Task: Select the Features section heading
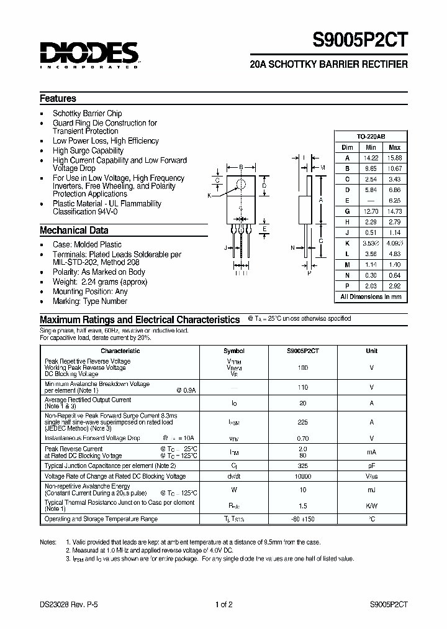point(58,98)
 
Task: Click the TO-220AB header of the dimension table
point(371,136)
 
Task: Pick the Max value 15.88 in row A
point(394,157)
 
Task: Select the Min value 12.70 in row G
point(371,211)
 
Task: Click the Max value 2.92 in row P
point(394,286)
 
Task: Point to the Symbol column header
point(233,351)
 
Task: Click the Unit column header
point(371,351)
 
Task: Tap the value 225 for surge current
point(304,421)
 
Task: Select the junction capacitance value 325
point(304,465)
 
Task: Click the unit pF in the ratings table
point(371,465)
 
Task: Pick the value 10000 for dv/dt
point(304,476)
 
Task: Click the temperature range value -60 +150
point(304,519)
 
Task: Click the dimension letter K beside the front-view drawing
point(209,195)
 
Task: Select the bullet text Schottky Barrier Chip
point(87,113)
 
